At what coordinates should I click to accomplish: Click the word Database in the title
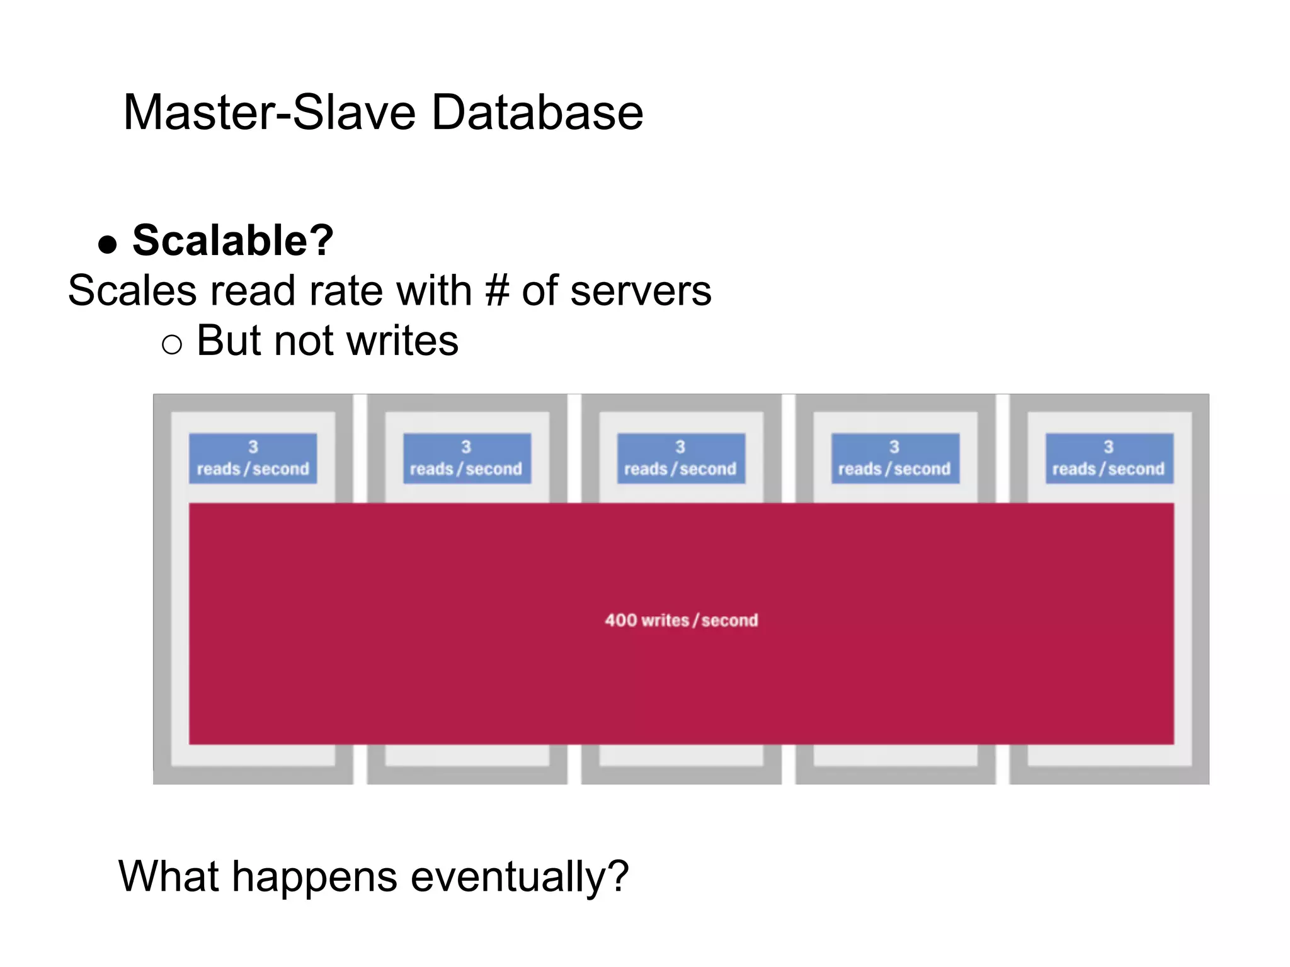pyautogui.click(x=537, y=113)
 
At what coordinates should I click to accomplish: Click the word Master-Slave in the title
pyautogui.click(x=269, y=113)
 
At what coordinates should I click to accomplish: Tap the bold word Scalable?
pyautogui.click(x=233, y=240)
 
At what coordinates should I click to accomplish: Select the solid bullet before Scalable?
pyautogui.click(x=108, y=244)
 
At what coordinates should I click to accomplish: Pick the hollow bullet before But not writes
pyautogui.click(x=171, y=344)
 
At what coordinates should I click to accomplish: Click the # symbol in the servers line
pyautogui.click(x=497, y=291)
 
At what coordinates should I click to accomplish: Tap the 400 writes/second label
pyautogui.click(x=681, y=621)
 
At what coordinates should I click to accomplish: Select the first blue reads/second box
pyautogui.click(x=253, y=458)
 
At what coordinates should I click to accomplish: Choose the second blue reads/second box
pyautogui.click(x=467, y=458)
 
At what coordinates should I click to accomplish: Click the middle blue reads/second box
pyautogui.click(x=681, y=458)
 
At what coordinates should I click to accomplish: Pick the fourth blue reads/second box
pyautogui.click(x=895, y=458)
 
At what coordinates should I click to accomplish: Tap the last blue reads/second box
pyautogui.click(x=1109, y=458)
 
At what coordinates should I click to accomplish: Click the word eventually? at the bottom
pyautogui.click(x=520, y=877)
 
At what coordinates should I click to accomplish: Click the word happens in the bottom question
pyautogui.click(x=315, y=877)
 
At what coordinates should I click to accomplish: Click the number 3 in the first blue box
pyautogui.click(x=253, y=447)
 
